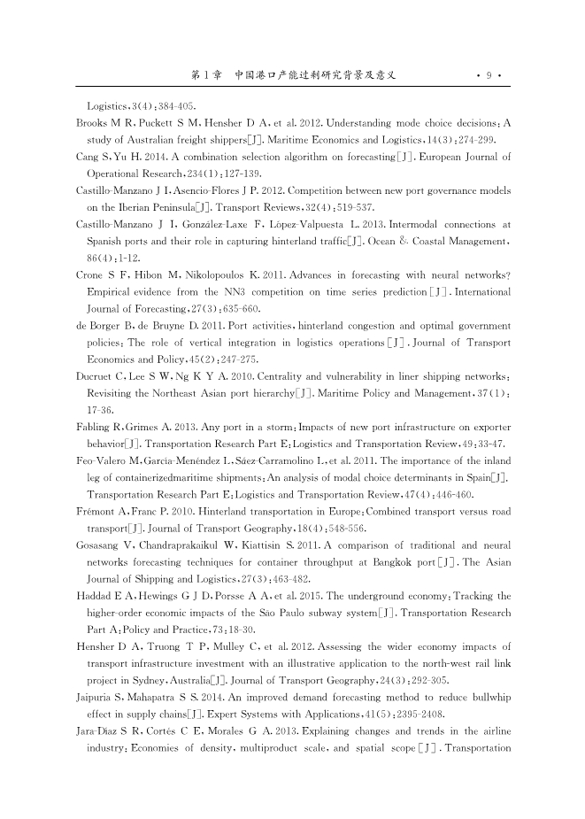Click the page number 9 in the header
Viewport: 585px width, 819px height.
[489, 75]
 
